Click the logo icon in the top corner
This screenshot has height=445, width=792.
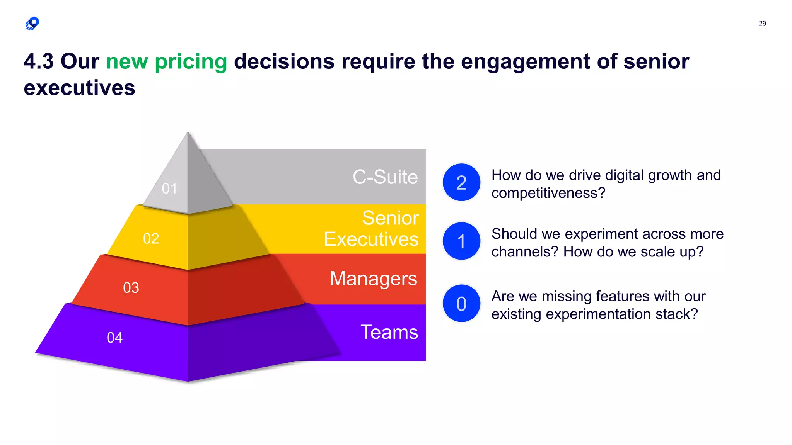[32, 24]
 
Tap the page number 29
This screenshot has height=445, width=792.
[762, 24]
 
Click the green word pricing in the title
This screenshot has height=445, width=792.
[191, 61]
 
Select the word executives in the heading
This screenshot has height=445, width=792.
[79, 88]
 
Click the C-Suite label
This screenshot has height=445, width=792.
[385, 177]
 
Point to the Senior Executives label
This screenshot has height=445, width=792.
[371, 228]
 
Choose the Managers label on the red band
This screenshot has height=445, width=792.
[373, 278]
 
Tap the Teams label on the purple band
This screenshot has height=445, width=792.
[389, 332]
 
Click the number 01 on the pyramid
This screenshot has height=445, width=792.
[169, 189]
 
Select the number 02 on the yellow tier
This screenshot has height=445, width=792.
[151, 239]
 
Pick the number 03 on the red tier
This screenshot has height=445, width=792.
[131, 288]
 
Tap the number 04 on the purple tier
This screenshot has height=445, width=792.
[114, 338]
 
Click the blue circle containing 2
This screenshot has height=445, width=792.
[461, 182]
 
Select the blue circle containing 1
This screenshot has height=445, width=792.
[461, 241]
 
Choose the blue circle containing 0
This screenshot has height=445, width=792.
[461, 304]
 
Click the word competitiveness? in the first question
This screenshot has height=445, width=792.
[548, 193]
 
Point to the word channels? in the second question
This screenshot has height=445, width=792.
[525, 252]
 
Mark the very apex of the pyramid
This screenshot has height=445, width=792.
[188, 132]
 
